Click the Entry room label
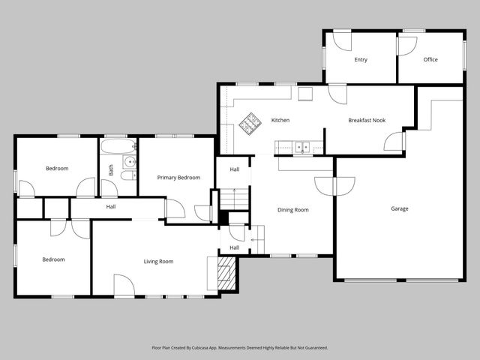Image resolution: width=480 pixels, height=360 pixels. coord(361,59)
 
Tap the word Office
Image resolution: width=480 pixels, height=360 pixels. coord(430,59)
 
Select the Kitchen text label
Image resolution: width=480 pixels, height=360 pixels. coord(280,120)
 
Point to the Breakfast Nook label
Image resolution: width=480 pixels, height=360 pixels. coord(366,120)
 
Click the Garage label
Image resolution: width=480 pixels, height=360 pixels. coord(399,208)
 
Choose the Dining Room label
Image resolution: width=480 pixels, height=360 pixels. coord(292,210)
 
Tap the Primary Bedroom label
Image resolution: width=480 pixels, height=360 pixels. coord(178,178)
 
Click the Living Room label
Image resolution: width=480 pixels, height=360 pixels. coord(158,261)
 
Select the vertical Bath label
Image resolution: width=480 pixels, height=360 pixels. coord(111,170)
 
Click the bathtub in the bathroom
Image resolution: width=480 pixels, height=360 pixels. coord(118,145)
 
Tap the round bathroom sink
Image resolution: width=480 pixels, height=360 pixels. coord(129,161)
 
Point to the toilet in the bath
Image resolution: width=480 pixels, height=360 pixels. coord(127,175)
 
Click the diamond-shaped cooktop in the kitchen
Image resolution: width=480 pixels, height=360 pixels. coord(248,124)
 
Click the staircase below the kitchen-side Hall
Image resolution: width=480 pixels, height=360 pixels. coord(235,199)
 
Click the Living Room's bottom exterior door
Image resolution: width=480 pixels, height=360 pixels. coord(124,286)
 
